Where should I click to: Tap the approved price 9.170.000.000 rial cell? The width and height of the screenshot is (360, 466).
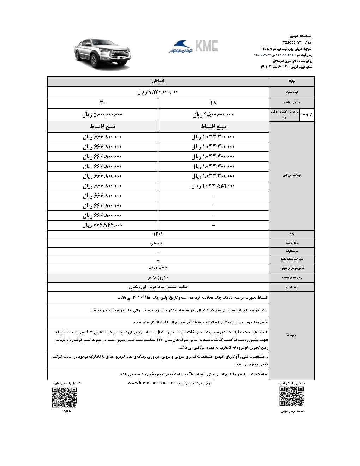(158, 92)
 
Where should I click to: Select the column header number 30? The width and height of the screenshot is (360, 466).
(102, 103)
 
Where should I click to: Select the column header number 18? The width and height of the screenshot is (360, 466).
(213, 103)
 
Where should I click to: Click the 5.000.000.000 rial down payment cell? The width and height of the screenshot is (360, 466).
(102, 115)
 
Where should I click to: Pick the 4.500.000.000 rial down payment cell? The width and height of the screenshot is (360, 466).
(213, 115)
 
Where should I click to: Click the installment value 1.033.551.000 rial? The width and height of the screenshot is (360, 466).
(213, 186)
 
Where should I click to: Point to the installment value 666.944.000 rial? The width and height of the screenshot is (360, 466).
(102, 225)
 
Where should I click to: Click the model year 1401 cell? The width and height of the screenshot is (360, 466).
(158, 234)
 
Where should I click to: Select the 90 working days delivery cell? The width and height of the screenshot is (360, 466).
(158, 277)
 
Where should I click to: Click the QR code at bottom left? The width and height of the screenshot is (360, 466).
(64, 398)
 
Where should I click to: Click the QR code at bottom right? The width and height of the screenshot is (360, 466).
(291, 396)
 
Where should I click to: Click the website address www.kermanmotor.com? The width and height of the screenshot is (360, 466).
(151, 383)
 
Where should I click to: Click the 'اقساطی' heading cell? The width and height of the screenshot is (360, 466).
(158, 81)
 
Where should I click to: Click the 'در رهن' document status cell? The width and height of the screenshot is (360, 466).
(158, 243)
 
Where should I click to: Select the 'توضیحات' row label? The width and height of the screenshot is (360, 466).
(292, 335)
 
